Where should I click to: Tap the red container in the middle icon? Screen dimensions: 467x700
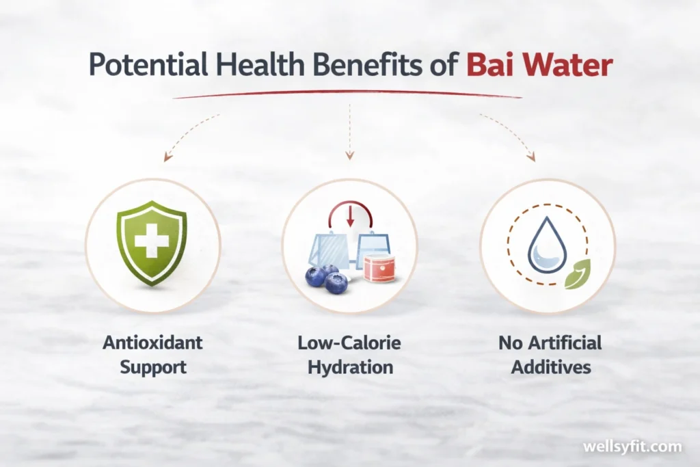pos(379,267)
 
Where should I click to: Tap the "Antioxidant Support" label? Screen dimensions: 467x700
pos(152,354)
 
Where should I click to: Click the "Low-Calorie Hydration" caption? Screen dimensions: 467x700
pos(349,354)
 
